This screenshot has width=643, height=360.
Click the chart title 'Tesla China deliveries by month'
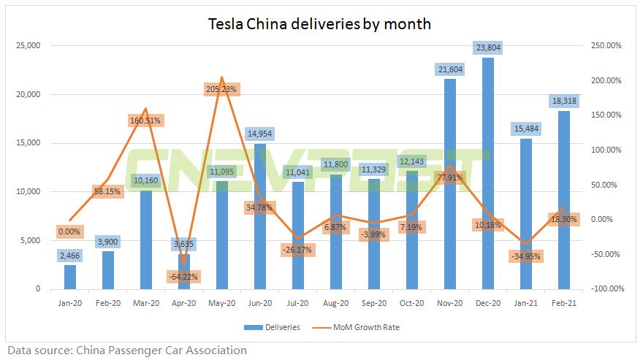(x=320, y=24)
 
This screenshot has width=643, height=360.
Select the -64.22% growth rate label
(x=183, y=277)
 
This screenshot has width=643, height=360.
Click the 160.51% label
(x=145, y=120)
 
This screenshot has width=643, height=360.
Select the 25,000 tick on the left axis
(x=28, y=46)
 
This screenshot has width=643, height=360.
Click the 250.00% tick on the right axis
(x=606, y=46)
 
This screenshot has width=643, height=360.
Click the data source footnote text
(x=127, y=350)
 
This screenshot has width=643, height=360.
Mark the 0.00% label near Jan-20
(x=69, y=232)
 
